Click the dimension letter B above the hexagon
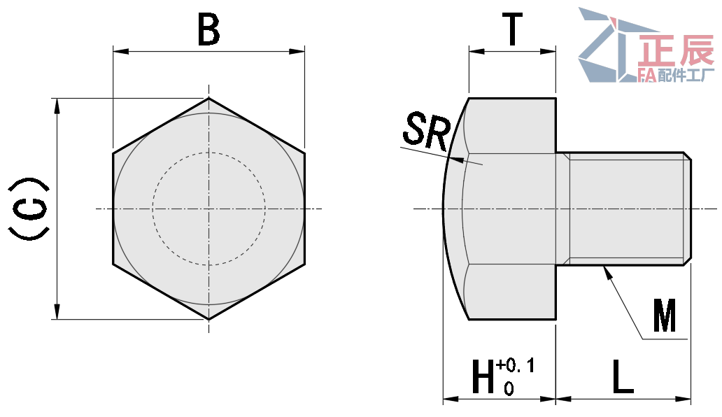[208, 31]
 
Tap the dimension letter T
[513, 31]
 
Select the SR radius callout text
[425, 132]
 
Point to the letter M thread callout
[664, 316]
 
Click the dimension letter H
[482, 378]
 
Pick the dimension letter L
[622, 378]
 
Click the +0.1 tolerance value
[515, 365]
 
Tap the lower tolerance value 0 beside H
[509, 387]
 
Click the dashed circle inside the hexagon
[153, 208]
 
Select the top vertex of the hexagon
[208, 98]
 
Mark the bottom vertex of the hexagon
[208, 320]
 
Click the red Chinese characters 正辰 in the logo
[676, 50]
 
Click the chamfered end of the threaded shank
[688, 208]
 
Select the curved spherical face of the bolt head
[448, 208]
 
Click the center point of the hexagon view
[208, 208]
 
